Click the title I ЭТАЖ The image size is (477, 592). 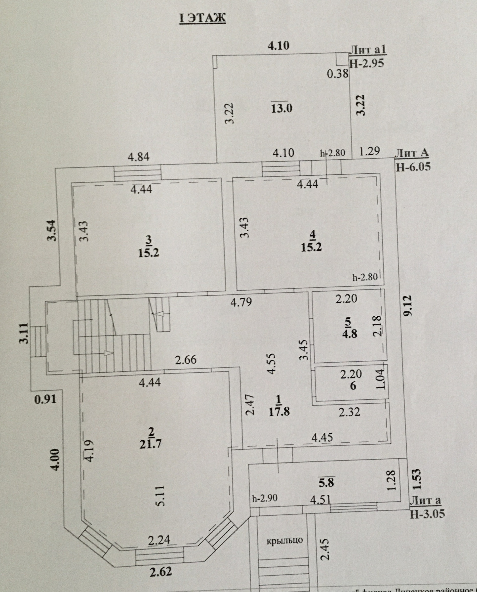click(202, 18)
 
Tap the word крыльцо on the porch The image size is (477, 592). click(285, 540)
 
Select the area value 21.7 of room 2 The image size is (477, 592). click(151, 444)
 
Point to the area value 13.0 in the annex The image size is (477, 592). click(282, 108)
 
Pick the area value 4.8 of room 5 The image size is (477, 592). click(350, 334)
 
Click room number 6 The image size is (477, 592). click(353, 386)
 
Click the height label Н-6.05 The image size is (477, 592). click(413, 167)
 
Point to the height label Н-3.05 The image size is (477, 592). click(427, 514)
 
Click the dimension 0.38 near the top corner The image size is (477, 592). click(338, 74)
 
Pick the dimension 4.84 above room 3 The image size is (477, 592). click(139, 157)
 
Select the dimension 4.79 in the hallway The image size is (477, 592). click(241, 302)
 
